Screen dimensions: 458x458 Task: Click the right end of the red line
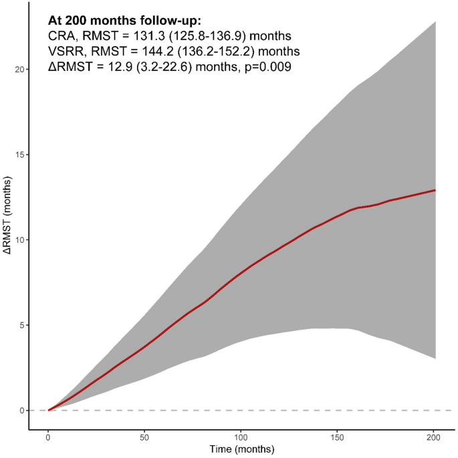(x=435, y=191)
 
